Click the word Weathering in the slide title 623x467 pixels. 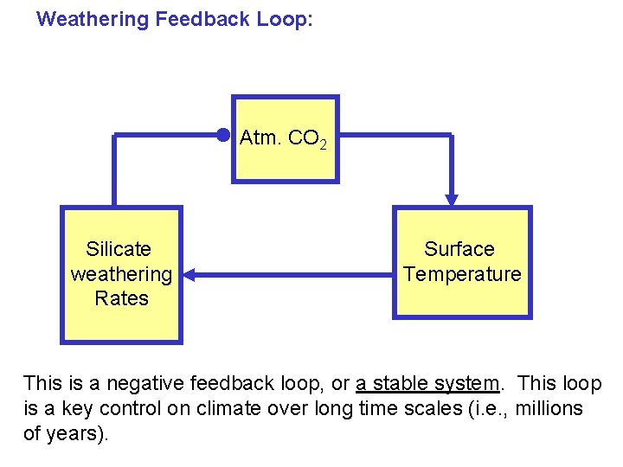(x=93, y=19)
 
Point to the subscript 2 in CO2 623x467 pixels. (x=323, y=144)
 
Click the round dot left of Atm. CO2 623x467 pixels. (x=223, y=134)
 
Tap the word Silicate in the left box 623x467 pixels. (x=119, y=250)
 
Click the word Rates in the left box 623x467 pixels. (x=121, y=299)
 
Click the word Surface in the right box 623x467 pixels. (x=459, y=250)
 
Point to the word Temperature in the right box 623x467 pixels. (x=462, y=275)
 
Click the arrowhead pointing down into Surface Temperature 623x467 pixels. (x=451, y=199)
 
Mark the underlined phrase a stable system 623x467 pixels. (x=427, y=383)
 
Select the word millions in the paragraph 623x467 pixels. (x=549, y=408)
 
